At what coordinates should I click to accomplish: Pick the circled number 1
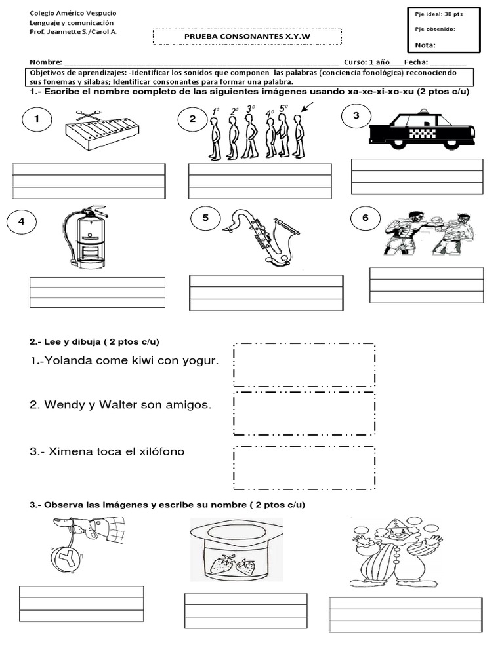37,119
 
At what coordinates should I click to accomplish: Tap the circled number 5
205,219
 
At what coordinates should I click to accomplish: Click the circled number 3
356,117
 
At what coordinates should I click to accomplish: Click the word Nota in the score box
426,45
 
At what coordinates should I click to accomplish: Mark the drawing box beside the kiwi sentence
304,365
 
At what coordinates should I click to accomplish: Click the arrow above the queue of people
307,107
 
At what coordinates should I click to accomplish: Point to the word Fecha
416,62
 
